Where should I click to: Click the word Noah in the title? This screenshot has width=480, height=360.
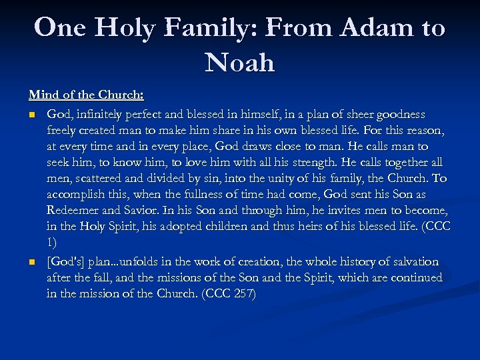[240, 62]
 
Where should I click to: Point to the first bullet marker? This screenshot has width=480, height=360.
[32, 115]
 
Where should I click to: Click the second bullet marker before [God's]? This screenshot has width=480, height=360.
[32, 261]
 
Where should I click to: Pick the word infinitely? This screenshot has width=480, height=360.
[101, 114]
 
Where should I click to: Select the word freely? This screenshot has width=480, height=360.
[65, 130]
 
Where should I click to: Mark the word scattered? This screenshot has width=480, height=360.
[105, 178]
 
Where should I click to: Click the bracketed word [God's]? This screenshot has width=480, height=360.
[67, 261]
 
